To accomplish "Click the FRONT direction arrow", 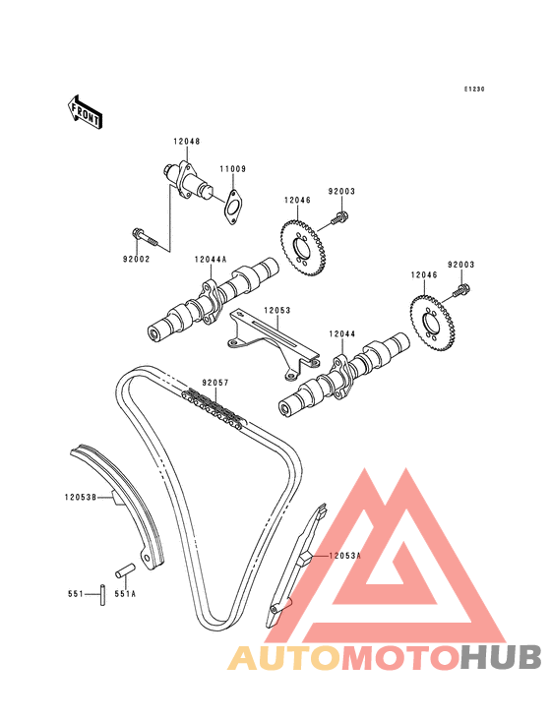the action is [85, 111].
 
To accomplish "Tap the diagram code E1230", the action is [474, 90].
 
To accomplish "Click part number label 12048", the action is [187, 142].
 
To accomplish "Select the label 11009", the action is [232, 169].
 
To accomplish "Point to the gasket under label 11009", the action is [233, 207].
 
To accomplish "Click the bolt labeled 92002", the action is [145, 237].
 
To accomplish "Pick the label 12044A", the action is [211, 260].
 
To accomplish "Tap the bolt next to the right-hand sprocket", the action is [462, 291].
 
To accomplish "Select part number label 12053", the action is [277, 311].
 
